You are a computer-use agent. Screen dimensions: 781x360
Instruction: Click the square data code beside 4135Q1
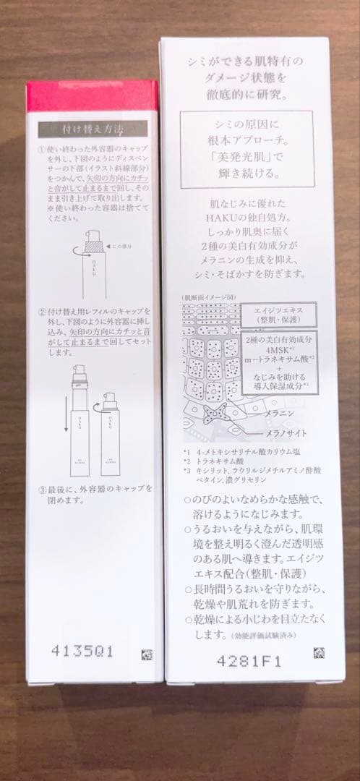(x=146, y=655)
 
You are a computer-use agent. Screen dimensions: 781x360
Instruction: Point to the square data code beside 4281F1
(x=319, y=653)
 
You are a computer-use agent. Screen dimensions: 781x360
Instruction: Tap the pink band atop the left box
(x=92, y=96)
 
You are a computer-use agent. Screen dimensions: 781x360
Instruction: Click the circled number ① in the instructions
(x=42, y=150)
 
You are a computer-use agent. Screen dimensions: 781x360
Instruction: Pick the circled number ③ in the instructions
(x=42, y=488)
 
